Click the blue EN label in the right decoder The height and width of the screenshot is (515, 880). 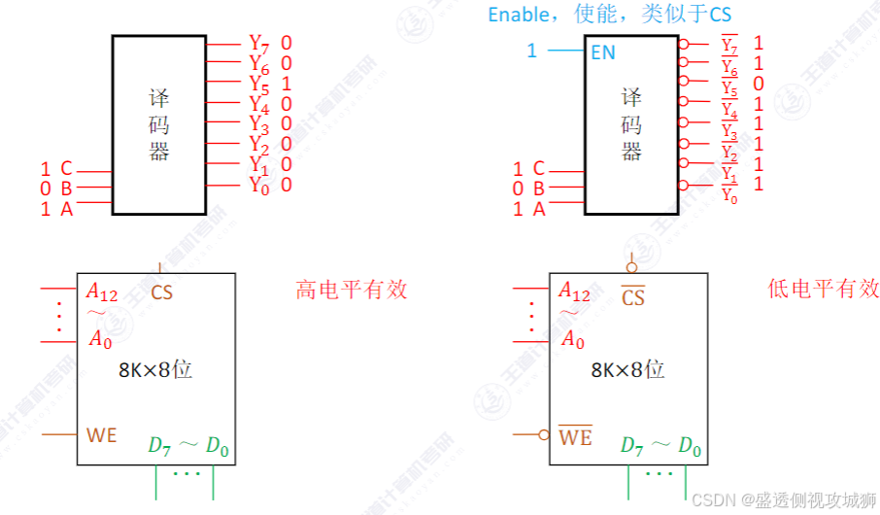[603, 52]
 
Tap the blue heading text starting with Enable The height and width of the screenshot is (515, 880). [609, 15]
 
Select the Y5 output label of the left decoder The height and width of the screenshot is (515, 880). [258, 85]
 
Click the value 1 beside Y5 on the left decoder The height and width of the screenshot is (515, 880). [287, 84]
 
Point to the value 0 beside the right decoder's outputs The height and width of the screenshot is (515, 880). [759, 84]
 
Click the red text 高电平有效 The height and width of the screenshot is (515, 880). [352, 290]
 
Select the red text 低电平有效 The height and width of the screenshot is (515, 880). [823, 290]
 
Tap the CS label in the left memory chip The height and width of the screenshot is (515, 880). [162, 292]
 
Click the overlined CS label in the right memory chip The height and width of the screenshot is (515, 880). [633, 297]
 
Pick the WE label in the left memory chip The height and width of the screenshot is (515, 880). [102, 435]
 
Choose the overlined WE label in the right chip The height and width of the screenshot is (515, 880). [575, 437]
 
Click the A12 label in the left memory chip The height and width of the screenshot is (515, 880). [102, 292]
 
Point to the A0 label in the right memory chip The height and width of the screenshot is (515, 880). [573, 340]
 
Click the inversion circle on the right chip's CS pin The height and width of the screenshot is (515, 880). [632, 267]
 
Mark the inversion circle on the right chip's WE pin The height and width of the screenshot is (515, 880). [544, 435]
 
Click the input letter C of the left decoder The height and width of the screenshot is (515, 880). [66, 169]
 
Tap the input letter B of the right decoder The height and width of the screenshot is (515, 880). [538, 189]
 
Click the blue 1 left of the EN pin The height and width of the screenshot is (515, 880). [531, 51]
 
